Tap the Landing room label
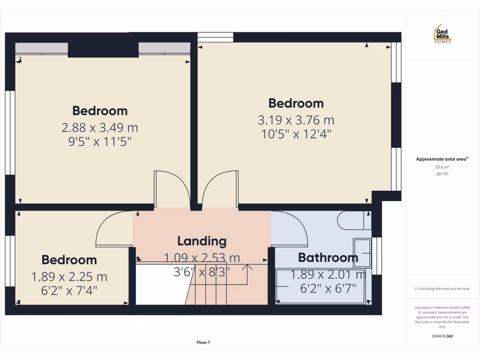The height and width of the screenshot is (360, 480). [x=202, y=241]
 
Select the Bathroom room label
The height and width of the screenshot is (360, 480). [x=328, y=257]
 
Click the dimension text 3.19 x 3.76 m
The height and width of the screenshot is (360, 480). [x=296, y=120]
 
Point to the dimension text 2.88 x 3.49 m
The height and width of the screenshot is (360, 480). [x=100, y=127]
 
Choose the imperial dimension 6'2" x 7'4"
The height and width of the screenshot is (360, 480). [x=69, y=291]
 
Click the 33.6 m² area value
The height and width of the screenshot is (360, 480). [x=442, y=167]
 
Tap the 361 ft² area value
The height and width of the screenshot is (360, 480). [x=442, y=174]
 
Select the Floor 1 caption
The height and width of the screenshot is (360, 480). [x=203, y=343]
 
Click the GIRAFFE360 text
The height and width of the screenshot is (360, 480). [x=442, y=336]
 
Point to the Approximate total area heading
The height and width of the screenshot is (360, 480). [x=442, y=159]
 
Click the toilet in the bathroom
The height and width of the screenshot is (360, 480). [x=353, y=220]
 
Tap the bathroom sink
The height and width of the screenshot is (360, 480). [x=362, y=253]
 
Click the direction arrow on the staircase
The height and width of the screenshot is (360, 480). [x=247, y=268]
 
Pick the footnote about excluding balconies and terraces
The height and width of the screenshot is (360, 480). [x=442, y=288]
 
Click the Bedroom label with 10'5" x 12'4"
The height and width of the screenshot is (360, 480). [x=296, y=103]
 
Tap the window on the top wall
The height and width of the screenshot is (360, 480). [x=215, y=37]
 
